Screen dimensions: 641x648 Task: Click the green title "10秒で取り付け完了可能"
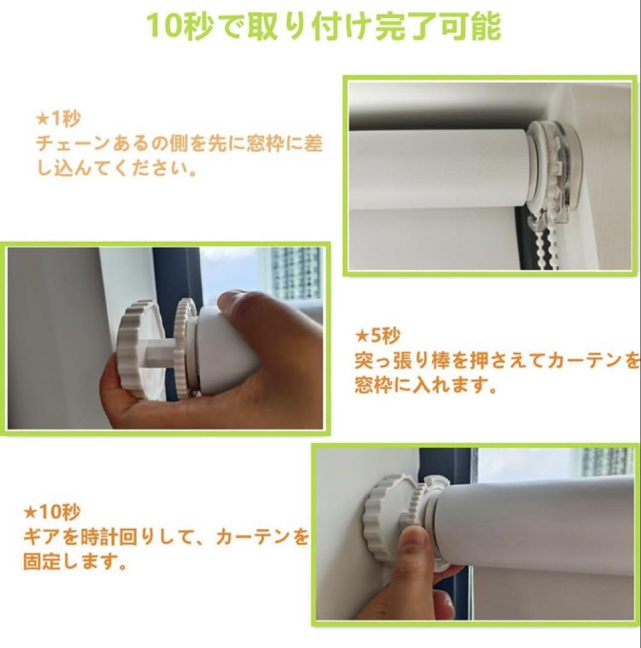click(x=324, y=26)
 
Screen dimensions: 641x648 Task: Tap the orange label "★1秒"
click(x=59, y=119)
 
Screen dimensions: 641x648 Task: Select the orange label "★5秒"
click(x=378, y=336)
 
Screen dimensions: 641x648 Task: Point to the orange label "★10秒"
click(x=52, y=512)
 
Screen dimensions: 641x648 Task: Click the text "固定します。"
click(x=75, y=562)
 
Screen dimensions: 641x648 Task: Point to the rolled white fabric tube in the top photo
click(x=438, y=169)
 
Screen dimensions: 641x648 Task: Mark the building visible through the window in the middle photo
click(x=294, y=274)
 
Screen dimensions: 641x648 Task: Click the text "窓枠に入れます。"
click(x=426, y=386)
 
